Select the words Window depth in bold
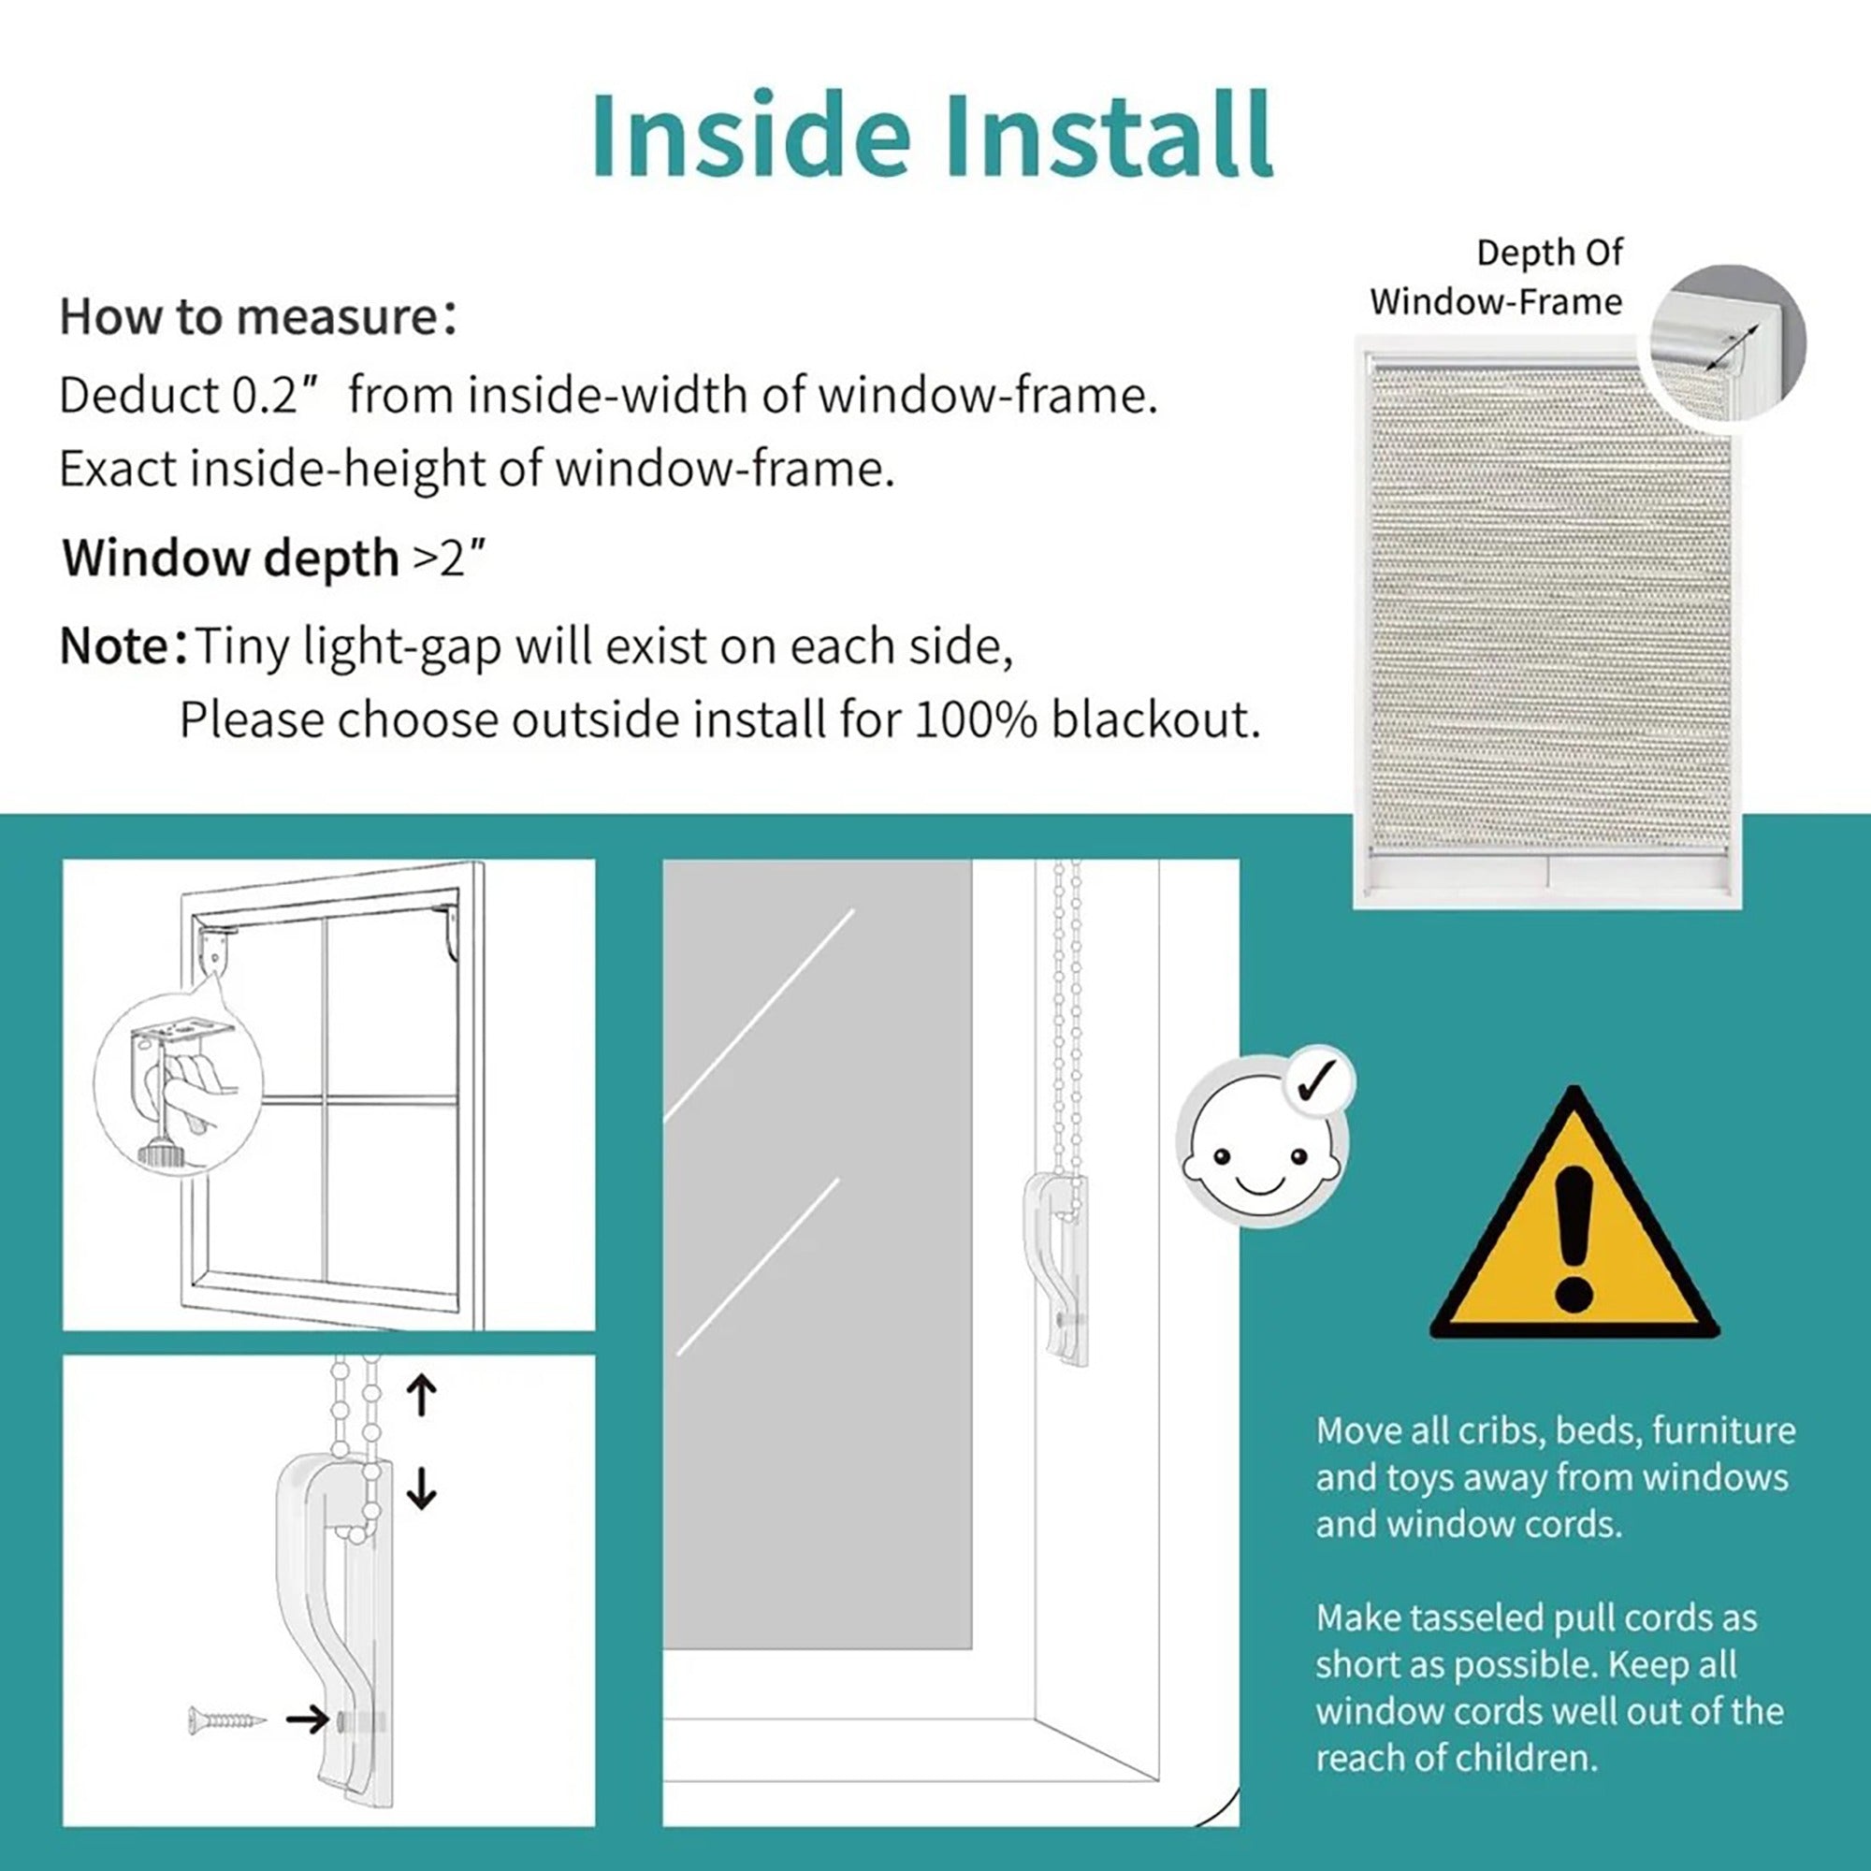pos(231,558)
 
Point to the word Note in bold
pos(114,645)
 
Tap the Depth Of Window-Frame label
pos(1495,277)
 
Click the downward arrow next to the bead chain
pos(421,1487)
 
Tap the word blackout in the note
pos(1156,720)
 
